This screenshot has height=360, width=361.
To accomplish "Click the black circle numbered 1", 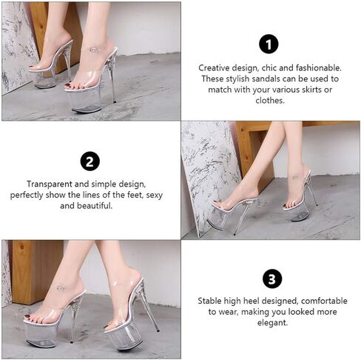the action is (269, 44).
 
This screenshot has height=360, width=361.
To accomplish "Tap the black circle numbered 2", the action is (90, 161).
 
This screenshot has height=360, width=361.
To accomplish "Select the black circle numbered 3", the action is (272, 279).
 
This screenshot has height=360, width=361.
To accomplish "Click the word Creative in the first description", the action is (214, 67).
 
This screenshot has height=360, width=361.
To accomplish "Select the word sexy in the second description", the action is (155, 196).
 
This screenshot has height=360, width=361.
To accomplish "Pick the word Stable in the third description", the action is (209, 301).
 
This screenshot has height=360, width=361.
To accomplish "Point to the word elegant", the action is (272, 323).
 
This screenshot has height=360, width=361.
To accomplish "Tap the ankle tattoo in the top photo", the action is (94, 49).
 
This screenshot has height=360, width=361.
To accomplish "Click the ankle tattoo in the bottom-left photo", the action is (61, 288).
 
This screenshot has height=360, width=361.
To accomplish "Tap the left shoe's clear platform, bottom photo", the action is (41, 335).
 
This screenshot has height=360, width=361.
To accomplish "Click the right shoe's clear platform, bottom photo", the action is (124, 337).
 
